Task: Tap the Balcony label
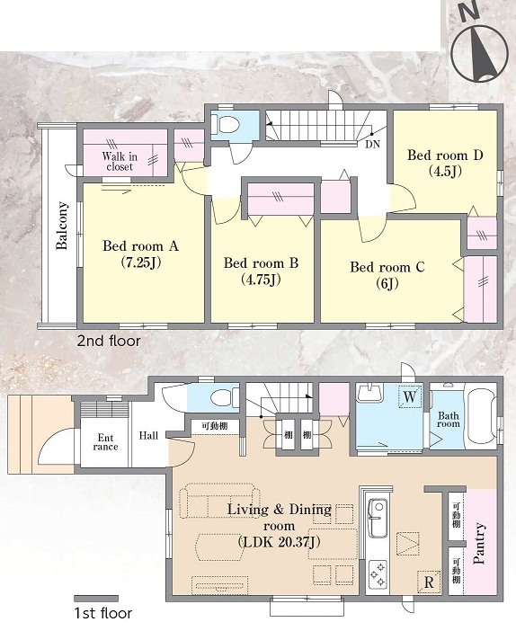(x=62, y=226)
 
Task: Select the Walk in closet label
(x=120, y=161)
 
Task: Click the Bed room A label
(x=140, y=245)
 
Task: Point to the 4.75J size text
(x=261, y=279)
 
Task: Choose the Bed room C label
(x=387, y=267)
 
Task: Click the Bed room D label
(x=445, y=155)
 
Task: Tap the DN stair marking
(x=373, y=144)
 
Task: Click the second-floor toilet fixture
(x=227, y=125)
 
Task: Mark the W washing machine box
(x=410, y=396)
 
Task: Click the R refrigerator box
(x=429, y=582)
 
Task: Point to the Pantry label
(x=479, y=543)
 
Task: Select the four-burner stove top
(x=378, y=573)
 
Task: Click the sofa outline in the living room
(x=219, y=500)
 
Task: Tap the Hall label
(x=148, y=435)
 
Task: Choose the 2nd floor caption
(x=109, y=342)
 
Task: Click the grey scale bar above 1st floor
(x=96, y=599)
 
